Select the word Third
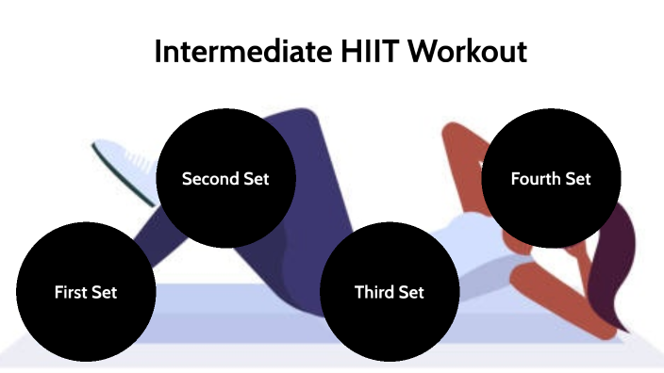tap(374, 292)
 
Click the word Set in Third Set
tap(410, 292)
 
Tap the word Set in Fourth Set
tap(578, 179)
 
